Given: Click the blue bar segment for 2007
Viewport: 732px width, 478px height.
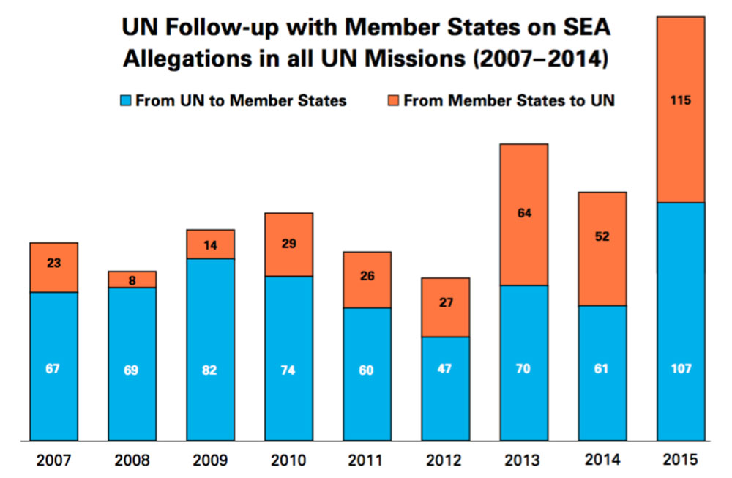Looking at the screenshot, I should (x=53, y=366).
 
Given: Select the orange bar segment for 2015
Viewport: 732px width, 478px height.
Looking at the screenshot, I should (x=681, y=110).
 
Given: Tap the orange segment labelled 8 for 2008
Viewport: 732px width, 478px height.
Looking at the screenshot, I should (x=132, y=279).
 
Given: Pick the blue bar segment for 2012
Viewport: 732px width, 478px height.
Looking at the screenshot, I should (x=446, y=389).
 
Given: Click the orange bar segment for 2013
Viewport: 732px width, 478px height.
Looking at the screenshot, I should (x=524, y=214).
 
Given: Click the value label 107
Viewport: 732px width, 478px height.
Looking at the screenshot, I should (x=681, y=369).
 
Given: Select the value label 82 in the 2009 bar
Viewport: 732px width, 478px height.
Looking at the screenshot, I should (x=211, y=370).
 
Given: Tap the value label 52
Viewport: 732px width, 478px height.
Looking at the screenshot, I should (x=602, y=236).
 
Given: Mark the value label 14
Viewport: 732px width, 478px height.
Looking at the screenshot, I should (x=211, y=244).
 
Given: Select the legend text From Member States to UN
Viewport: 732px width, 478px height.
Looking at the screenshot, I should (x=509, y=101).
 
